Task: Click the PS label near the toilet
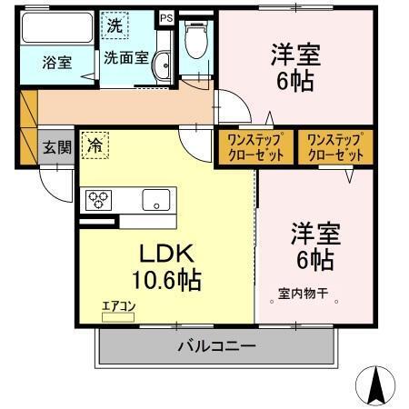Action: tap(166, 17)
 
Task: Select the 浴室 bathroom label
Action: tap(56, 63)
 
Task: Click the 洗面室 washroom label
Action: tap(122, 58)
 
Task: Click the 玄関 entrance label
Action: tap(56, 148)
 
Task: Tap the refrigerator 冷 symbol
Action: tap(95, 144)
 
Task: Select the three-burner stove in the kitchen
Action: tap(97, 200)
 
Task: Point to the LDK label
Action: tap(166, 254)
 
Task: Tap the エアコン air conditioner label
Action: tap(119, 306)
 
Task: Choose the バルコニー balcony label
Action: tap(216, 345)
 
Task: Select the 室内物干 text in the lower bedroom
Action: tap(308, 295)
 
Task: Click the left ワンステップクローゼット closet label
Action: tap(255, 146)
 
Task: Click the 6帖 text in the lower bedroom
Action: tap(314, 260)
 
